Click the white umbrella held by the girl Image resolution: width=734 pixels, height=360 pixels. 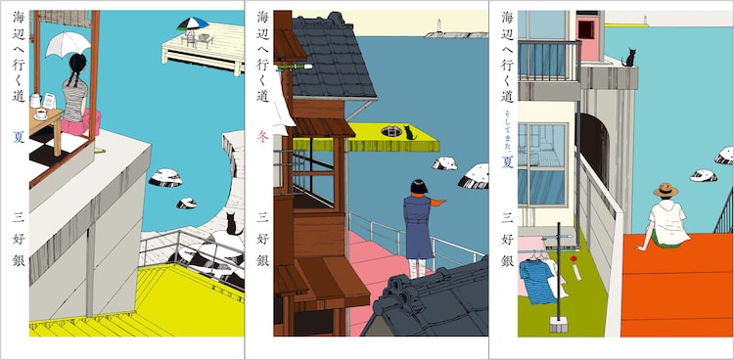[68, 43]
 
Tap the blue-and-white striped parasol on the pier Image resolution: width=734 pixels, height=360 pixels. [193, 22]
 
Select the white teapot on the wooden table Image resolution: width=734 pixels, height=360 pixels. [35, 100]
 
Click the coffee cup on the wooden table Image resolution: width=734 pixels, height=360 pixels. [41, 114]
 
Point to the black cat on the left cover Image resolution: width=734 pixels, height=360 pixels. [232, 224]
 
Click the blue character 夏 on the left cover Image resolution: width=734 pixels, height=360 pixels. [19, 137]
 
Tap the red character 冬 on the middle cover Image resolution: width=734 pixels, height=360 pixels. [262, 137]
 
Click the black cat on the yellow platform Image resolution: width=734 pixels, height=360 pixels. [410, 133]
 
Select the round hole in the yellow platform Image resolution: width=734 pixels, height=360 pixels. [391, 131]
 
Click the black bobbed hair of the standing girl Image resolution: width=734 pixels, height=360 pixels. [419, 187]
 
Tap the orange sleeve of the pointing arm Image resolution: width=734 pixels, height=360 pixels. [437, 202]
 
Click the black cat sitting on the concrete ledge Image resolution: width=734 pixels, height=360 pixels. [629, 58]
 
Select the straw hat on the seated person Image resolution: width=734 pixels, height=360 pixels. [665, 190]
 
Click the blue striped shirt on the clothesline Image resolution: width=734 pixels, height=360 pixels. [534, 282]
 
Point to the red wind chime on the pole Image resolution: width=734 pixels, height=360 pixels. [573, 259]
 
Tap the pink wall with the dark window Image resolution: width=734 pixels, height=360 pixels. [588, 36]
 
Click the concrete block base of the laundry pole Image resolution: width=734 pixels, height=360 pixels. [559, 324]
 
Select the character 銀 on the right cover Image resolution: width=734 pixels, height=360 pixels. [507, 260]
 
